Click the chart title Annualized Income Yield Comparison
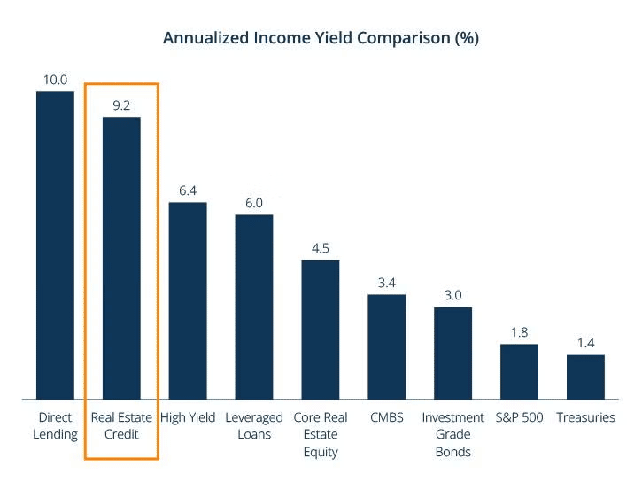pos(321,39)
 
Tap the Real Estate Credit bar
pos(121,258)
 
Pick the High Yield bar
pos(188,301)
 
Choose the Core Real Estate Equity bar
pos(321,330)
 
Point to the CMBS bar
pos(386,346)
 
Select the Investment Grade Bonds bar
pos(452,354)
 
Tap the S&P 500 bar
pos(519,372)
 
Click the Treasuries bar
pos(585,377)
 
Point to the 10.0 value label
pos(55,80)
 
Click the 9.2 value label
pos(121,105)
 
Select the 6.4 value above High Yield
pos(188,190)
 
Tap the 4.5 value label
pos(321,248)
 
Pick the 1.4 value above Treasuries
pos(585,343)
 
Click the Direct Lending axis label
pos(55,425)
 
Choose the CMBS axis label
pos(386,417)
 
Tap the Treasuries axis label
pos(585,417)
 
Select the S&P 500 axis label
pos(519,417)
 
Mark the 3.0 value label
pos(452,295)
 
